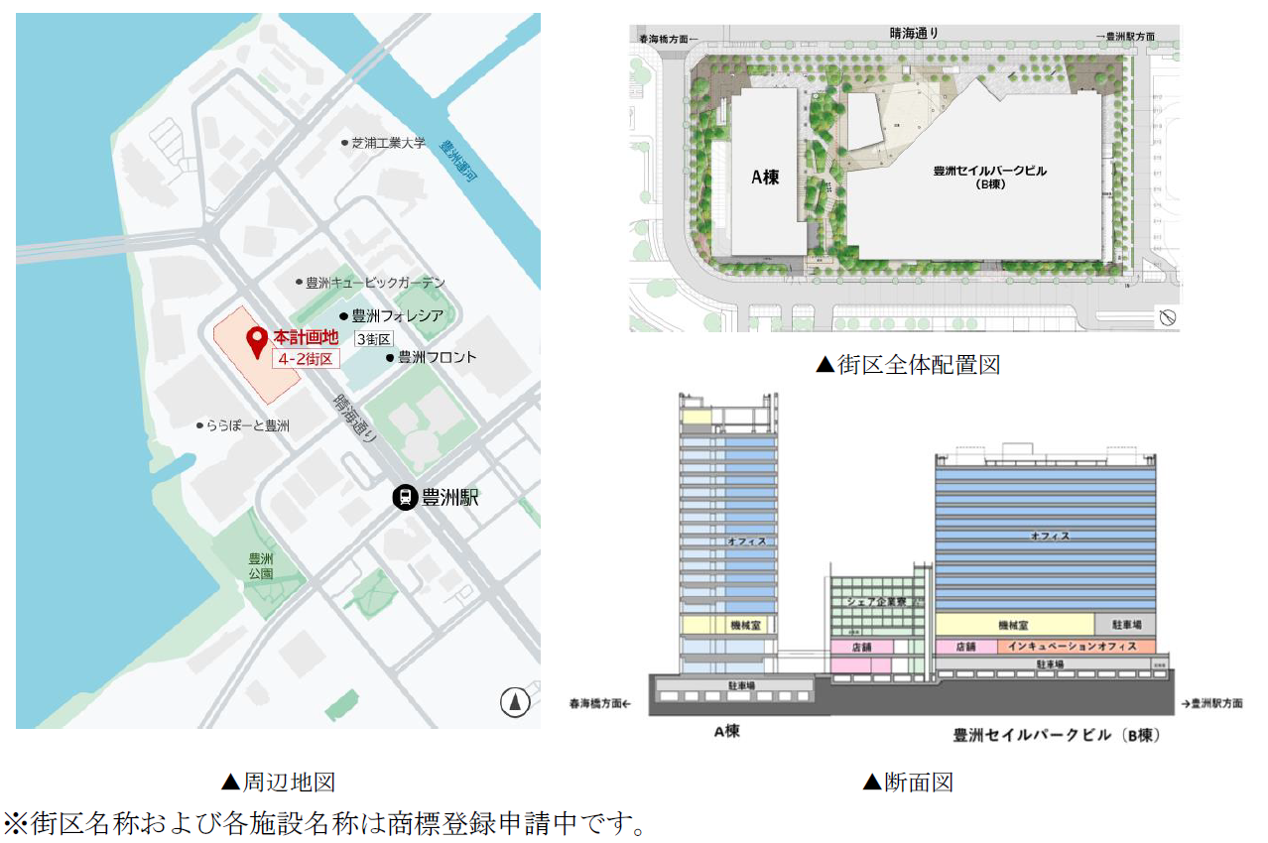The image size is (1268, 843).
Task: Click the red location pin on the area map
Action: pyautogui.click(x=257, y=342)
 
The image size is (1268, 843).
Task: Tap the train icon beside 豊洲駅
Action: pyautogui.click(x=405, y=497)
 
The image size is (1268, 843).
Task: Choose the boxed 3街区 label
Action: pyautogui.click(x=374, y=338)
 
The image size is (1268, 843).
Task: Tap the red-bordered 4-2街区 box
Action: pyautogui.click(x=306, y=358)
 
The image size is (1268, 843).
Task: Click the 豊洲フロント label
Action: pyautogui.click(x=437, y=357)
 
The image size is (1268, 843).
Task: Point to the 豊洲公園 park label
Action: pyautogui.click(x=261, y=566)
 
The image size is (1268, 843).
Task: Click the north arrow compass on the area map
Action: pyautogui.click(x=514, y=702)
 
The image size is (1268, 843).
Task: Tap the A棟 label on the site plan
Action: pyautogui.click(x=765, y=179)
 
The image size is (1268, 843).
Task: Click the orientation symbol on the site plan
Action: pyautogui.click(x=1167, y=317)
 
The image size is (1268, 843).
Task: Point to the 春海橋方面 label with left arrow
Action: pyautogui.click(x=600, y=703)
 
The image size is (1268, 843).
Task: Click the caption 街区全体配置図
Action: pyautogui.click(x=907, y=365)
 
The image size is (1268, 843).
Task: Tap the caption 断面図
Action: pyautogui.click(x=907, y=783)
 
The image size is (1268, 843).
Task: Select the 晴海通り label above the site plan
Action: pyautogui.click(x=914, y=34)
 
